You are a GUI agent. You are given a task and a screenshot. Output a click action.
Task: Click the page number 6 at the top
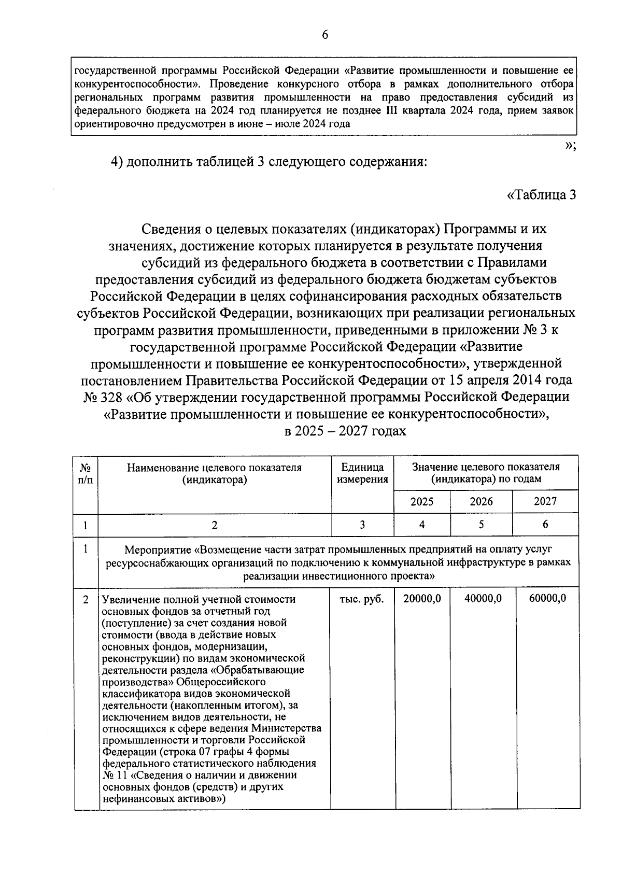(325, 35)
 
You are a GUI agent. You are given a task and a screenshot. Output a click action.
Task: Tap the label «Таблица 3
(541, 195)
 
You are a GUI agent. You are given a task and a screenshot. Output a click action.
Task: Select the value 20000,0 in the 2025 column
(422, 599)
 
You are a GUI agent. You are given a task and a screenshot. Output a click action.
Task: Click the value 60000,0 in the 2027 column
(547, 599)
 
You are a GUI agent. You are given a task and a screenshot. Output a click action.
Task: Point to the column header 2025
(422, 501)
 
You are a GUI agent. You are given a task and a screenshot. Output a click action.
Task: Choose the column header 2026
(481, 501)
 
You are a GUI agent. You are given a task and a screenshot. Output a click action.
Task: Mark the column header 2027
(545, 501)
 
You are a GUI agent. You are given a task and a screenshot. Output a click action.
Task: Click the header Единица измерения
(362, 473)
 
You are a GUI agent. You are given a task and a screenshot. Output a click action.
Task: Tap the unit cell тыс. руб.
(362, 599)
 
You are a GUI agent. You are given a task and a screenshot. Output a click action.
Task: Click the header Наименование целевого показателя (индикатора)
(215, 473)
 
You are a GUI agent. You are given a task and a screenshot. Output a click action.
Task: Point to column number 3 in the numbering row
(362, 525)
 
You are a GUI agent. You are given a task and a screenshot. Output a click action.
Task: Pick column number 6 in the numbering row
(545, 525)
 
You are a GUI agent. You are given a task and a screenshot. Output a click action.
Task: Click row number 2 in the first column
(86, 599)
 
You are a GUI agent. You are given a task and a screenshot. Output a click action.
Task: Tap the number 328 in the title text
(109, 397)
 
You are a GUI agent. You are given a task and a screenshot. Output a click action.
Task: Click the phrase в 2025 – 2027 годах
(345, 431)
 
